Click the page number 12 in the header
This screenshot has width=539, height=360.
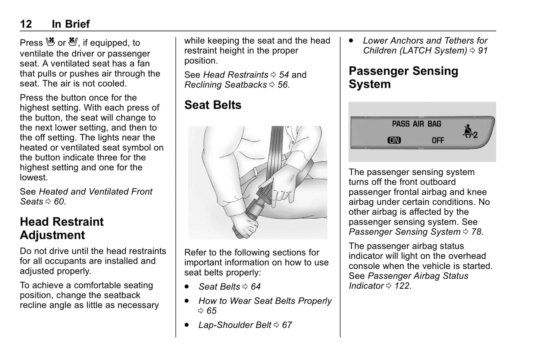coord(26,24)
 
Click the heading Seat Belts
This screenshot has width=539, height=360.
coord(213,105)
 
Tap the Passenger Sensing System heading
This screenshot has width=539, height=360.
coord(403,78)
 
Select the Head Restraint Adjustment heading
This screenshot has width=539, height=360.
coord(62,228)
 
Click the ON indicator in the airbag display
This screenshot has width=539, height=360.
coord(394,140)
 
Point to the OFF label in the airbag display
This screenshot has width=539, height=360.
coord(438,140)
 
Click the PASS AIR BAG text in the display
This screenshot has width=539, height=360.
coord(416,124)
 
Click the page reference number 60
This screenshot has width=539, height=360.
coord(59,202)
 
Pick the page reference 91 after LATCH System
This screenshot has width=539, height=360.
coord(483,51)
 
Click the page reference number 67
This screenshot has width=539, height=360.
coord(287,325)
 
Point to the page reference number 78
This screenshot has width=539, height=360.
coord(476,232)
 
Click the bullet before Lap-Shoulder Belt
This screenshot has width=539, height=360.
coord(187,325)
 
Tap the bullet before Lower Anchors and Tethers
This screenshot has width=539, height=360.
coord(351,41)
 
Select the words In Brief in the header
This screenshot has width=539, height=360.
coord(71,24)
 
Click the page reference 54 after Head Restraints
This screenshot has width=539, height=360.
coord(284,75)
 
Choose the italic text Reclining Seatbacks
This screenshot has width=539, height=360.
coord(226,85)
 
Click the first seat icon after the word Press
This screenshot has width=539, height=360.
coord(50,42)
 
